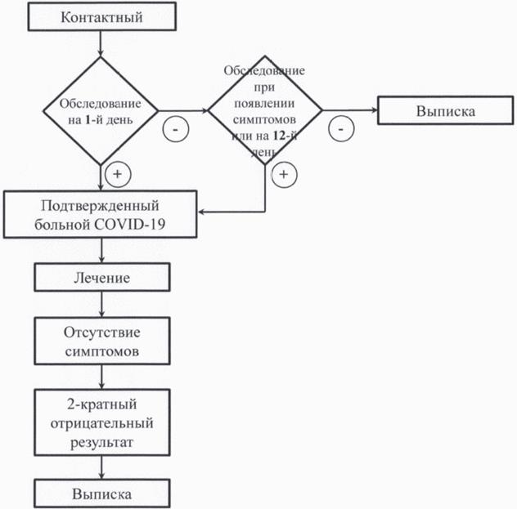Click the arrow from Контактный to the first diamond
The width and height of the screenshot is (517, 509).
pyautogui.click(x=101, y=44)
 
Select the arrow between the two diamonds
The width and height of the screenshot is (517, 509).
pyautogui.click(x=183, y=110)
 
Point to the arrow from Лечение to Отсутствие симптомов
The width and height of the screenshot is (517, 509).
pyautogui.click(x=102, y=305)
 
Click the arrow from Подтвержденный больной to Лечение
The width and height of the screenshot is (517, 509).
pyautogui.click(x=102, y=251)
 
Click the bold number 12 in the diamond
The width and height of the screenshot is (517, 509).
pyautogui.click(x=279, y=136)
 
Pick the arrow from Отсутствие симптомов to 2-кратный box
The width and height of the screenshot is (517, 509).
pyautogui.click(x=102, y=377)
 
